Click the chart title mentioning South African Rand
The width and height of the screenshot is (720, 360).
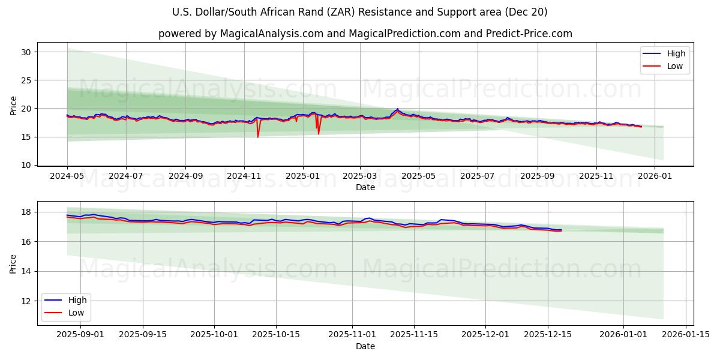(x=359, y=12)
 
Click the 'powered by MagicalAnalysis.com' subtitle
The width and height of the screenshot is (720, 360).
(x=365, y=34)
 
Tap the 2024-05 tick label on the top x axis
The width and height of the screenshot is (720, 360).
(x=67, y=176)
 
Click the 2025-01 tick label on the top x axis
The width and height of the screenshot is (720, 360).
(x=302, y=176)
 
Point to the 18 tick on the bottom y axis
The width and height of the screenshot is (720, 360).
(x=27, y=212)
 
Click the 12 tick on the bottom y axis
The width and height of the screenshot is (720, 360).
(x=27, y=301)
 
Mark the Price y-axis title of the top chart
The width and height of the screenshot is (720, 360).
(x=14, y=105)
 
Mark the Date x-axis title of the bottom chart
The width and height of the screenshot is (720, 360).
(x=365, y=346)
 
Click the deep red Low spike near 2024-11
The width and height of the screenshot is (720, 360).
(x=258, y=136)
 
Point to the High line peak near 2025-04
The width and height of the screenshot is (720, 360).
(x=397, y=109)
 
